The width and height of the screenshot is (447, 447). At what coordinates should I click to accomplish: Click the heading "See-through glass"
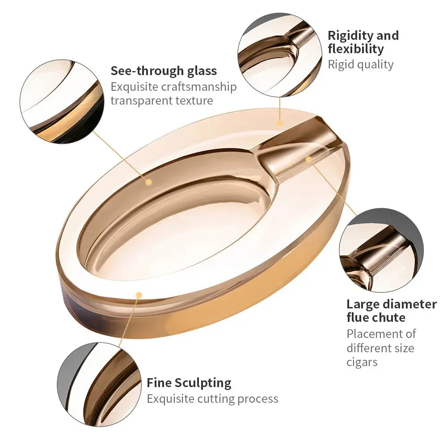[x=164, y=71]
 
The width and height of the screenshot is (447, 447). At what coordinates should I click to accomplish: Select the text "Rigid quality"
[x=361, y=64]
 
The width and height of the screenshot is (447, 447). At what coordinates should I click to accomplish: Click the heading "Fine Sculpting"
[x=189, y=383]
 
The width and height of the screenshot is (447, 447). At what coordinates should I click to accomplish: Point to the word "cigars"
[x=362, y=362]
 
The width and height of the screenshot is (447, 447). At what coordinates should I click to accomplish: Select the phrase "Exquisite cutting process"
[x=212, y=399]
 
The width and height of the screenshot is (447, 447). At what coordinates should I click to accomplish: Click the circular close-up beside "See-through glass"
[x=62, y=102]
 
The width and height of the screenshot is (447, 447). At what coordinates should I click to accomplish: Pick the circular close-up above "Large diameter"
[x=381, y=250]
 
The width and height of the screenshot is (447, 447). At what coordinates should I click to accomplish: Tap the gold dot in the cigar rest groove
[x=308, y=160]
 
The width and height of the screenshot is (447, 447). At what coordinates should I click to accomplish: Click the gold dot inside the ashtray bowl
[x=148, y=182]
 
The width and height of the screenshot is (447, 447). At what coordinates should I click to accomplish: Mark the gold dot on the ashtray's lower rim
[x=139, y=295]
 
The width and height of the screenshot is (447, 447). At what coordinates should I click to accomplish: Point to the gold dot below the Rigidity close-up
[x=280, y=123]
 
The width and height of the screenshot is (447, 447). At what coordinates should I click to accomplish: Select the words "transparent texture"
[x=162, y=101]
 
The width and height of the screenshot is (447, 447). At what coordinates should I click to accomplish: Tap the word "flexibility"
[x=356, y=49]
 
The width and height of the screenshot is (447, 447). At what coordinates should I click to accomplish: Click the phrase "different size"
[x=380, y=348]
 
